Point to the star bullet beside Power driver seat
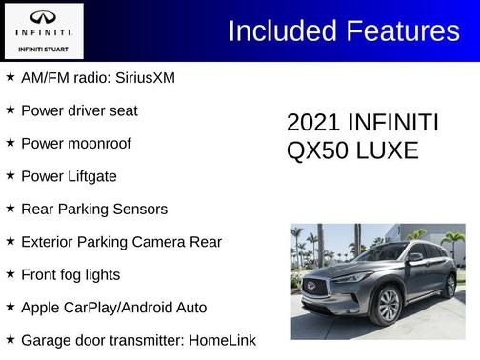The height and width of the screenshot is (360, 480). click(x=10, y=110)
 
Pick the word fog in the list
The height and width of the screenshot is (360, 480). click(x=80, y=274)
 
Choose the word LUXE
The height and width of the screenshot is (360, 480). click(x=386, y=150)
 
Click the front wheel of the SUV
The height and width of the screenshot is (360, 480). click(x=389, y=306)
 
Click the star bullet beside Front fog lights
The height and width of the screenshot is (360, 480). click(x=10, y=273)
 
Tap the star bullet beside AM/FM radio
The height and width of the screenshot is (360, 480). click(x=10, y=76)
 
